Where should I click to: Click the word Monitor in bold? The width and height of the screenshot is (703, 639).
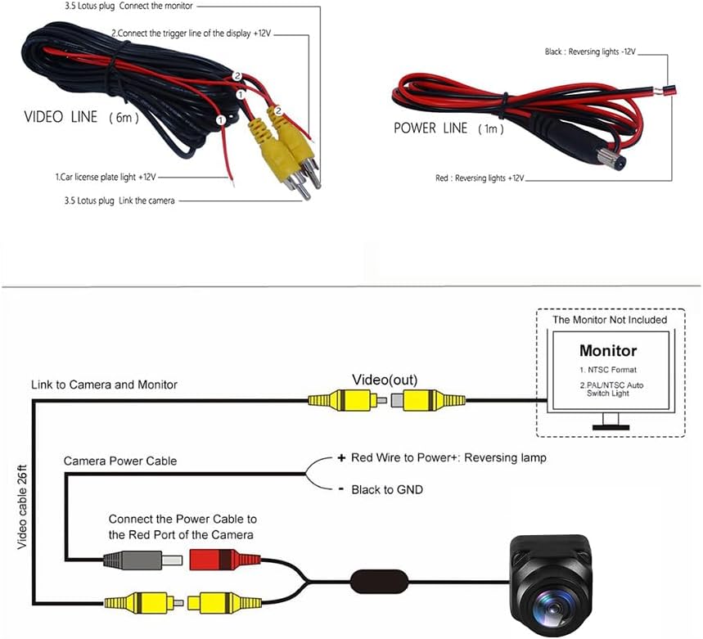607,350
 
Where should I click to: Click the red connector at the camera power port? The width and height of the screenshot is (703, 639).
224,560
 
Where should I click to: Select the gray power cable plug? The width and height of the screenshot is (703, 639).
142,560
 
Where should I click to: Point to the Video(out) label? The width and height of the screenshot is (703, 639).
385,380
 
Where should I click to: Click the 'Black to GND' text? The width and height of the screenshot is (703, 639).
387,489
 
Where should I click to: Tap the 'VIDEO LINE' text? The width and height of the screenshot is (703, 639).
61,117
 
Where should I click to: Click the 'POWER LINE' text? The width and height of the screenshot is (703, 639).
430,128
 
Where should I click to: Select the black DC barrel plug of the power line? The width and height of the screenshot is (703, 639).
584,144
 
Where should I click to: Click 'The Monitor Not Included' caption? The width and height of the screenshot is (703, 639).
610,319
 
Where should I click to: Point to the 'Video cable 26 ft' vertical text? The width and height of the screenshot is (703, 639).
22,506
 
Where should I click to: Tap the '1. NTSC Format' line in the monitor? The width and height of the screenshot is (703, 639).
607,370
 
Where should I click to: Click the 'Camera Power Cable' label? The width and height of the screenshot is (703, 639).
120,461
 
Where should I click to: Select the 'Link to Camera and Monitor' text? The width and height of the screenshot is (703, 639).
104,385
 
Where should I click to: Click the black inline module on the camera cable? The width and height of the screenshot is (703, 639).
379,582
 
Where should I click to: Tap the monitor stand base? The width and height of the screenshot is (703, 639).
611,427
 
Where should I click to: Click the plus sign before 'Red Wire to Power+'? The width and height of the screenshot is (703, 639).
341,457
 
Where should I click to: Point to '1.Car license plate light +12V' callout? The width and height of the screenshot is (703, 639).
106,177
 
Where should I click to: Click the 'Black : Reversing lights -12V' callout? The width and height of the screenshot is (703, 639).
590,52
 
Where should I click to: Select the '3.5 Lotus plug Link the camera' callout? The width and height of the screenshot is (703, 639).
119,200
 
